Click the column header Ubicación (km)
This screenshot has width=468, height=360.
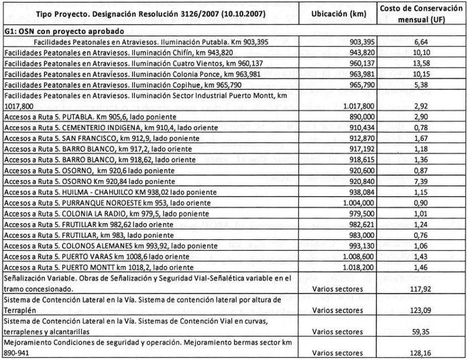coord(339,13)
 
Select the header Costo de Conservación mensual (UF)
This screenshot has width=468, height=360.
coord(419,13)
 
